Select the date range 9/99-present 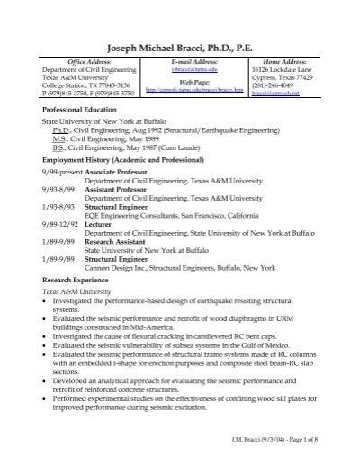coord(60,170)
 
